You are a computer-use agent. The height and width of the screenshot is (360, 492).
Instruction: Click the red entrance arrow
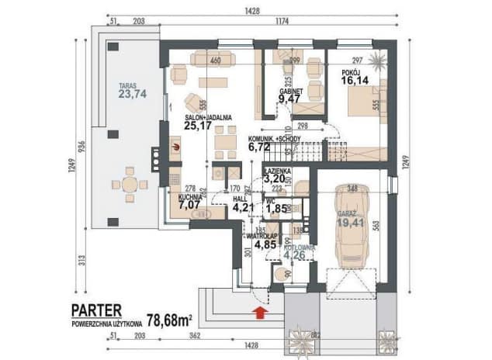point(259,312)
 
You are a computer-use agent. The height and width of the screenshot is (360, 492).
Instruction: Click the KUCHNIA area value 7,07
point(190,206)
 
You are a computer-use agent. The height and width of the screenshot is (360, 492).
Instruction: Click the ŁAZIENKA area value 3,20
point(276,177)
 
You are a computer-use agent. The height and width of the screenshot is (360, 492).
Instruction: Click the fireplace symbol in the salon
point(176,144)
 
